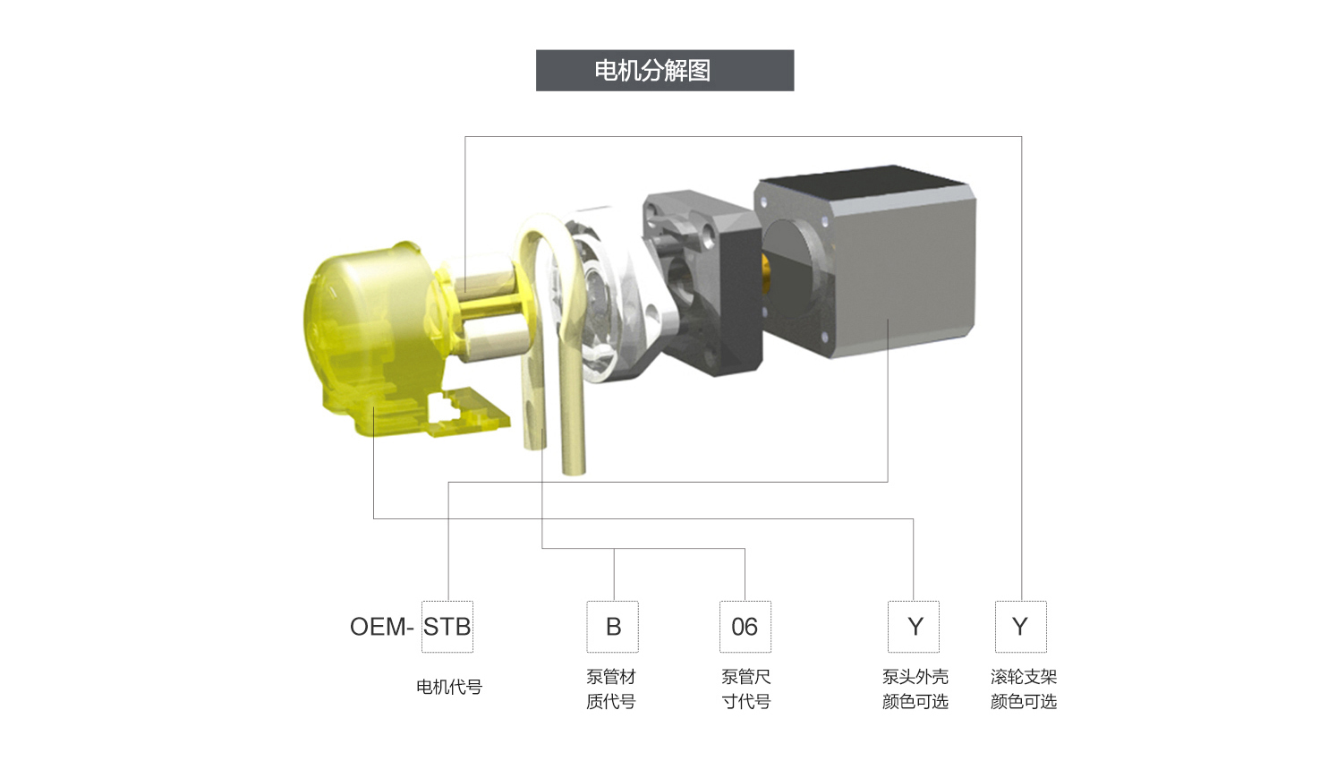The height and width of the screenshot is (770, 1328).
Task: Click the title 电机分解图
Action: tap(652, 71)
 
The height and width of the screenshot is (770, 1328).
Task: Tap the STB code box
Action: tap(447, 627)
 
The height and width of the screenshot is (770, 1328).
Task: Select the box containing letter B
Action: tap(612, 627)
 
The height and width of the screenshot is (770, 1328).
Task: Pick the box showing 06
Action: tap(745, 627)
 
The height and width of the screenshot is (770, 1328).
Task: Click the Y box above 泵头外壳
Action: tap(914, 627)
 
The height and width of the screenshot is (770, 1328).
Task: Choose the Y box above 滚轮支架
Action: tap(1021, 627)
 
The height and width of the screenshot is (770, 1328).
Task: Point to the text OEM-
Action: tap(381, 627)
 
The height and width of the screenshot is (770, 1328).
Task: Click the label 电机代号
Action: tap(449, 687)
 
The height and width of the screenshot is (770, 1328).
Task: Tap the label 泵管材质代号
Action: tap(611, 689)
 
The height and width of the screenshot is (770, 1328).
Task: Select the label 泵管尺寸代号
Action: tap(745, 689)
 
